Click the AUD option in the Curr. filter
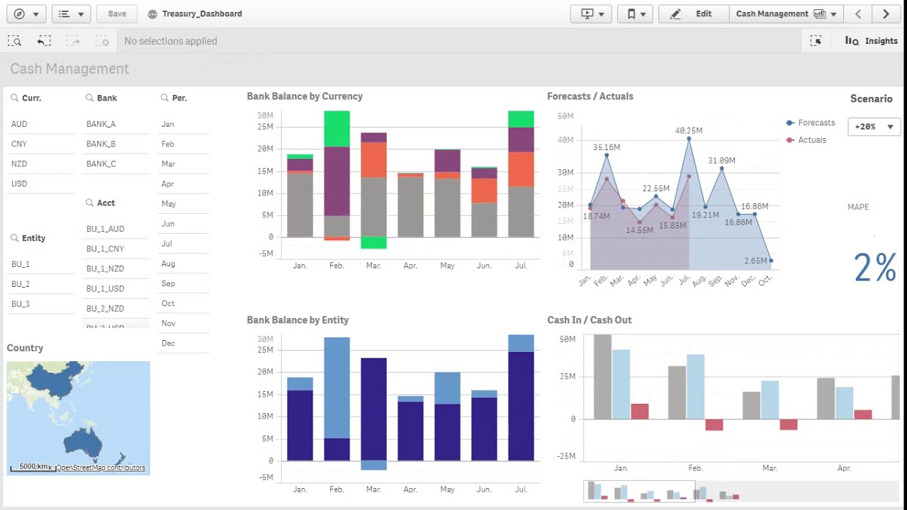pyautogui.click(x=19, y=124)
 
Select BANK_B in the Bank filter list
pyautogui.click(x=101, y=144)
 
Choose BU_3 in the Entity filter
pyautogui.click(x=21, y=304)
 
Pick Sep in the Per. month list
pyautogui.click(x=168, y=283)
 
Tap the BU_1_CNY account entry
pyautogui.click(x=105, y=249)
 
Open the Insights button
pyautogui.click(x=872, y=41)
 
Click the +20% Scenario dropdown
pyautogui.click(x=874, y=127)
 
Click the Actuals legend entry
pyautogui.click(x=811, y=140)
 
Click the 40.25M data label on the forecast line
pyautogui.click(x=689, y=131)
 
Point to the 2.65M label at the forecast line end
pyautogui.click(x=755, y=261)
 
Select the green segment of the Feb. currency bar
pyautogui.click(x=337, y=128)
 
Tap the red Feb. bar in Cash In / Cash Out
pyautogui.click(x=714, y=425)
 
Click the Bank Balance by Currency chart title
pyautogui.click(x=305, y=96)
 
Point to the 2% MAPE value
pyautogui.click(x=874, y=268)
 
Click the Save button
pyautogui.click(x=117, y=13)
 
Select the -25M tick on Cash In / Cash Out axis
pyautogui.click(x=566, y=456)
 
